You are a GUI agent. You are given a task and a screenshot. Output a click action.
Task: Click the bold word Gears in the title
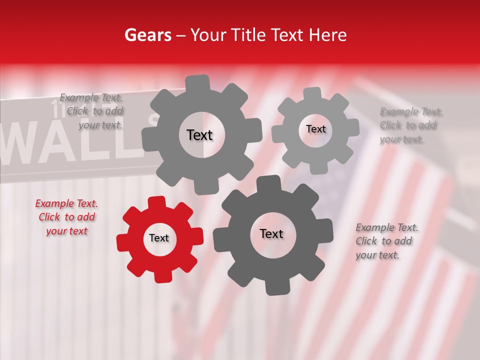(x=148, y=35)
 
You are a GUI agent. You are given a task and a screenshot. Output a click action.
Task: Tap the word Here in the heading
(x=328, y=35)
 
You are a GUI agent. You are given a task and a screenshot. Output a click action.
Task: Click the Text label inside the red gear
(x=159, y=238)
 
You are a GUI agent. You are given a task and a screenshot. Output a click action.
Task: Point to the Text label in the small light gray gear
(x=315, y=129)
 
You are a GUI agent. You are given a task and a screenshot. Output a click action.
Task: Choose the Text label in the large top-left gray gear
(x=199, y=135)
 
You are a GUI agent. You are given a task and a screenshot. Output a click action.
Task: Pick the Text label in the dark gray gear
(x=271, y=234)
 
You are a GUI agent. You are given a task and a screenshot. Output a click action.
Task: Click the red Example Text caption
(x=66, y=217)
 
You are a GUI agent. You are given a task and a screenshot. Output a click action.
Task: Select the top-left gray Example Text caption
(x=91, y=111)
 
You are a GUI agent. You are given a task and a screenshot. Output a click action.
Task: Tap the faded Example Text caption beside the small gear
(x=411, y=125)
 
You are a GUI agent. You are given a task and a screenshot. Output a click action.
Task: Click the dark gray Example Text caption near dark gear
(x=387, y=241)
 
